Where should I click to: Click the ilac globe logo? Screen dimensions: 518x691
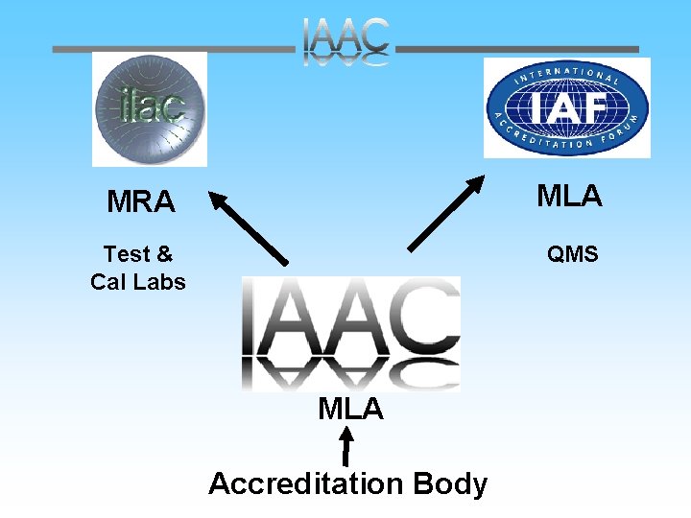149,108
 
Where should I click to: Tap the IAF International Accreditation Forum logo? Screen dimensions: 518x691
566,107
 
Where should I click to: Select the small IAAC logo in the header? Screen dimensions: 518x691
346,42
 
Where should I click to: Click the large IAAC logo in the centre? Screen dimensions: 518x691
351,333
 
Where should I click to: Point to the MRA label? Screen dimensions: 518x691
141,202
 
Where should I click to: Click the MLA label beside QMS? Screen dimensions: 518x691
569,196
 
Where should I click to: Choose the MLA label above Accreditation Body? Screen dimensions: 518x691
350,410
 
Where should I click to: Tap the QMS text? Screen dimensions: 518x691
572,254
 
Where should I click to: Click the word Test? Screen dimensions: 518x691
127,254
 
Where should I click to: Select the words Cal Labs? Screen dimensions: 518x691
138,282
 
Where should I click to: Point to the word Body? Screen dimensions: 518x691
450,483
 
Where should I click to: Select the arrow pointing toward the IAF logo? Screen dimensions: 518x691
444,213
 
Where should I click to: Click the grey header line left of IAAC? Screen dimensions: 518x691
173,48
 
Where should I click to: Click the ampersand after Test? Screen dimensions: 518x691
164,254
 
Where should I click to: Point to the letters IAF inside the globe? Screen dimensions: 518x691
566,108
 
